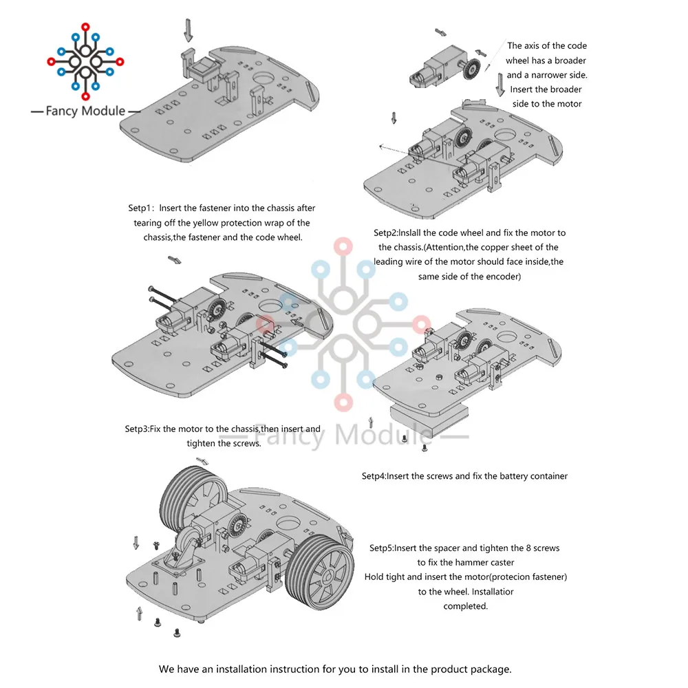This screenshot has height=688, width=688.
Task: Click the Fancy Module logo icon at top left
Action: point(85,62)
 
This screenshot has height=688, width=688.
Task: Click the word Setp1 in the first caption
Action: point(142,208)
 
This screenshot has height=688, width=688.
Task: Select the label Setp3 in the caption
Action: point(137,429)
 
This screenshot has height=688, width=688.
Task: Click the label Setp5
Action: point(382,548)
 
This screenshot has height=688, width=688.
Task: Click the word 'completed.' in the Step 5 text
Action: point(465,606)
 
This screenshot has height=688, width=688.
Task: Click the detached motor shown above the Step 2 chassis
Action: point(427,71)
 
